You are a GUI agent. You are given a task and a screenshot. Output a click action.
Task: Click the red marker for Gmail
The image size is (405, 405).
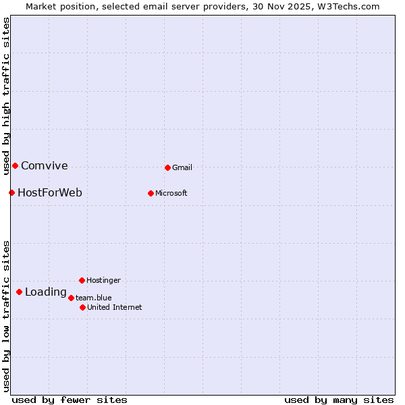pos(167,167)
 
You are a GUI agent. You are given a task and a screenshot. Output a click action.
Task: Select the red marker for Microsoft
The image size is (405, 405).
pos(151,193)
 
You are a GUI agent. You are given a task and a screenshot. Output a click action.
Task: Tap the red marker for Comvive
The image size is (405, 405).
pos(15,165)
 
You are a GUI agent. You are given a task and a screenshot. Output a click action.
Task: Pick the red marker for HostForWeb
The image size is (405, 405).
pos(11,192)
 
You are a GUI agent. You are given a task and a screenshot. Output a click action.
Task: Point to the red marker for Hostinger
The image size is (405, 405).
pos(82,280)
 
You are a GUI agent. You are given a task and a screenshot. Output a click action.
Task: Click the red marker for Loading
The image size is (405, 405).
pos(19,292)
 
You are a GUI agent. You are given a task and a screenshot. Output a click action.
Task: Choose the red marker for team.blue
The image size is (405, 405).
pos(71,298)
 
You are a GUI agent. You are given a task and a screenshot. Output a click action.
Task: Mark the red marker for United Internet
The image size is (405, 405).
pos(82,307)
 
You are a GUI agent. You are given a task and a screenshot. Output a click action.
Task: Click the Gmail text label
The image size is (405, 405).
pos(182,167)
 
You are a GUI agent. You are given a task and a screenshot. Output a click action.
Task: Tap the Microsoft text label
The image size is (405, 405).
pos(171,193)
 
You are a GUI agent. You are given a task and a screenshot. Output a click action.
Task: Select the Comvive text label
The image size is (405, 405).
pos(45,166)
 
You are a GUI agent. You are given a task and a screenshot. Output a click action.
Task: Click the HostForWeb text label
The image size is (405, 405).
pos(50,193)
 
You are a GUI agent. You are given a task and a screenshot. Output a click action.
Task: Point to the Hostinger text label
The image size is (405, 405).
pos(103,280)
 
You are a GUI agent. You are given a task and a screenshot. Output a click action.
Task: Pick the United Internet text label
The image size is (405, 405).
pos(115,307)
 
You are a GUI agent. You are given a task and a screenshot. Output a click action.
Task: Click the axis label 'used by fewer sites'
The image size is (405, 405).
pos(70,400)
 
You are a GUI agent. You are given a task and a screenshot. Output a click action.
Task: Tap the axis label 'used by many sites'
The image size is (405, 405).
pos(339,400)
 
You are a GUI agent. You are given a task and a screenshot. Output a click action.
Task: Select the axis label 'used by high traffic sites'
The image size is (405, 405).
pos(6,94)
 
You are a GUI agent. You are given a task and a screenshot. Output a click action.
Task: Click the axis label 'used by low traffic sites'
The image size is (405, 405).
pos(6,316)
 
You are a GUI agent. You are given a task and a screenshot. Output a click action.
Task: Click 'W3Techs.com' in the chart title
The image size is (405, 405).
pos(348,7)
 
